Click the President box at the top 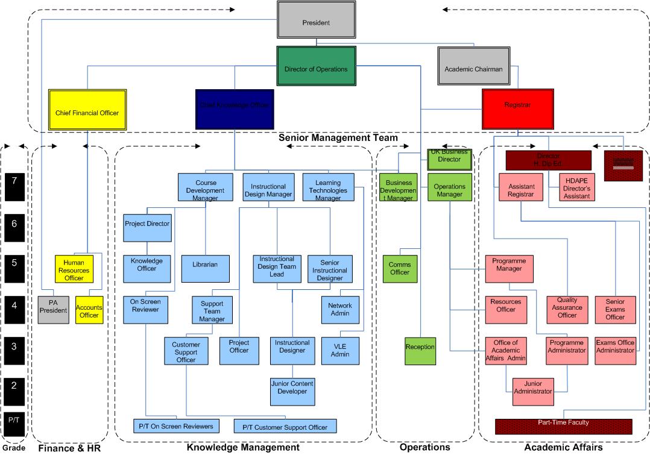point(316,22)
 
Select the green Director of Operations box point(316,69)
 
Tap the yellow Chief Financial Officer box point(87,112)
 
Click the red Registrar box point(517,105)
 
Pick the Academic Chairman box point(473,69)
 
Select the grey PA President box point(53,310)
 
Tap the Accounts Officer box point(89,310)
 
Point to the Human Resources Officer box point(74,269)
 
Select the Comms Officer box point(399,269)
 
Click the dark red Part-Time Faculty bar point(563,426)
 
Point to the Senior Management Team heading point(338,138)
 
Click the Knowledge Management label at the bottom point(242,447)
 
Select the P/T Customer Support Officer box point(285,427)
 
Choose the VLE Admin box point(340,351)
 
